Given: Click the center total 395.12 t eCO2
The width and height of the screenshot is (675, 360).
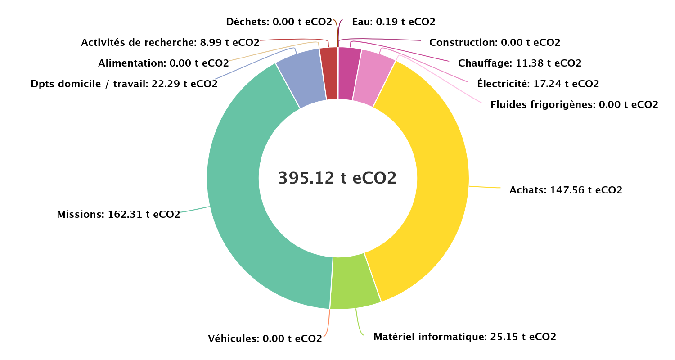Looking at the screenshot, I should coord(337,178).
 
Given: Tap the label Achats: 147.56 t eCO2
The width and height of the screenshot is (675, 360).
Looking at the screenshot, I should coord(566,190).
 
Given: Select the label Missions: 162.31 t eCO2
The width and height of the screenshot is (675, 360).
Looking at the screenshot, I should coord(118,214).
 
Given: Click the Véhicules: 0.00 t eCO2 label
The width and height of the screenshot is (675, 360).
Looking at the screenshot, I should coord(265,338).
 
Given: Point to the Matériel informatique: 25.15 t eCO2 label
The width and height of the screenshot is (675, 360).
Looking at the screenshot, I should coord(465,337).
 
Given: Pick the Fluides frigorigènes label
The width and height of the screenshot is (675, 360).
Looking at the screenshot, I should coord(574,105).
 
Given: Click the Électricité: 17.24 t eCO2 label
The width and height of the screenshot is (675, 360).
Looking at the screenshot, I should coord(538,84).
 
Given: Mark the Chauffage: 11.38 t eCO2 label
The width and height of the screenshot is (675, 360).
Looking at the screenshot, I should coord(520,63).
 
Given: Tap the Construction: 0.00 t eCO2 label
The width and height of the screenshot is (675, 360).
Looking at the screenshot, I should coord(495,43).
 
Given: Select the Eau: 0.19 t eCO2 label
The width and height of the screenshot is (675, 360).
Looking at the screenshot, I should coord(394,22).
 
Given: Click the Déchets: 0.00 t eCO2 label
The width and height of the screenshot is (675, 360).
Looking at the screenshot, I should coord(279,22).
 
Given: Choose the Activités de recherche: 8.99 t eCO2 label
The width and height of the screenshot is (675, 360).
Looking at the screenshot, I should coord(170,43).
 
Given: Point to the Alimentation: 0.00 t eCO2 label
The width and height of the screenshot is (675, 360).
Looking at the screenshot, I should coord(163,63).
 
